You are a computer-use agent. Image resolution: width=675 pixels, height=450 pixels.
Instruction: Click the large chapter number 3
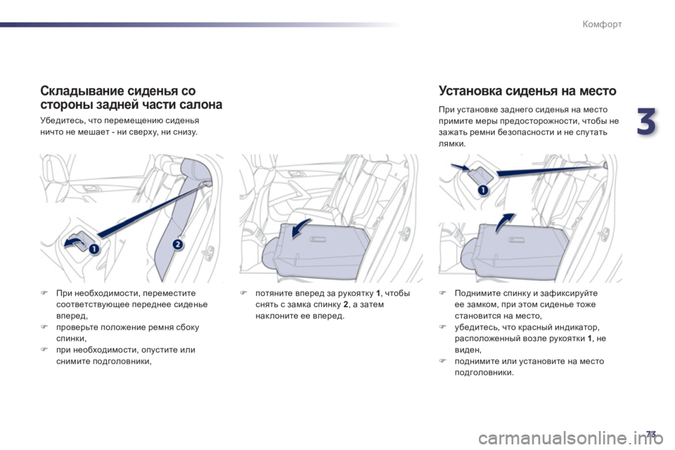click(x=647, y=121)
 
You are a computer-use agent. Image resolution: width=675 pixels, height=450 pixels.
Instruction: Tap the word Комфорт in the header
click(x=602, y=24)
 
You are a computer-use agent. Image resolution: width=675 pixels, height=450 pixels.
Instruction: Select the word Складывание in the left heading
click(x=78, y=91)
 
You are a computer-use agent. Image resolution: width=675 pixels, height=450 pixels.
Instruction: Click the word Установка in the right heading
click(x=470, y=91)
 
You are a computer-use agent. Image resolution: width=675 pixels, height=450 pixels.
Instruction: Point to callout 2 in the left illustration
click(x=178, y=245)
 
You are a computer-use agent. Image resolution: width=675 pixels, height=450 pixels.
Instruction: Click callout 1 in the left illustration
click(x=94, y=249)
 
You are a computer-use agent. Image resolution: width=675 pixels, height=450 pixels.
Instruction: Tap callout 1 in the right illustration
click(x=483, y=190)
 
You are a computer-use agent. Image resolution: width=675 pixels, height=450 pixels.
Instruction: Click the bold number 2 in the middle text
click(x=346, y=304)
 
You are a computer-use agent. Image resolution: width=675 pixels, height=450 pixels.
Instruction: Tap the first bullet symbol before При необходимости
click(x=43, y=293)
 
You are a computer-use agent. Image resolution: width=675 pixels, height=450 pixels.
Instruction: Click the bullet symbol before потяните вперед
click(x=243, y=293)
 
